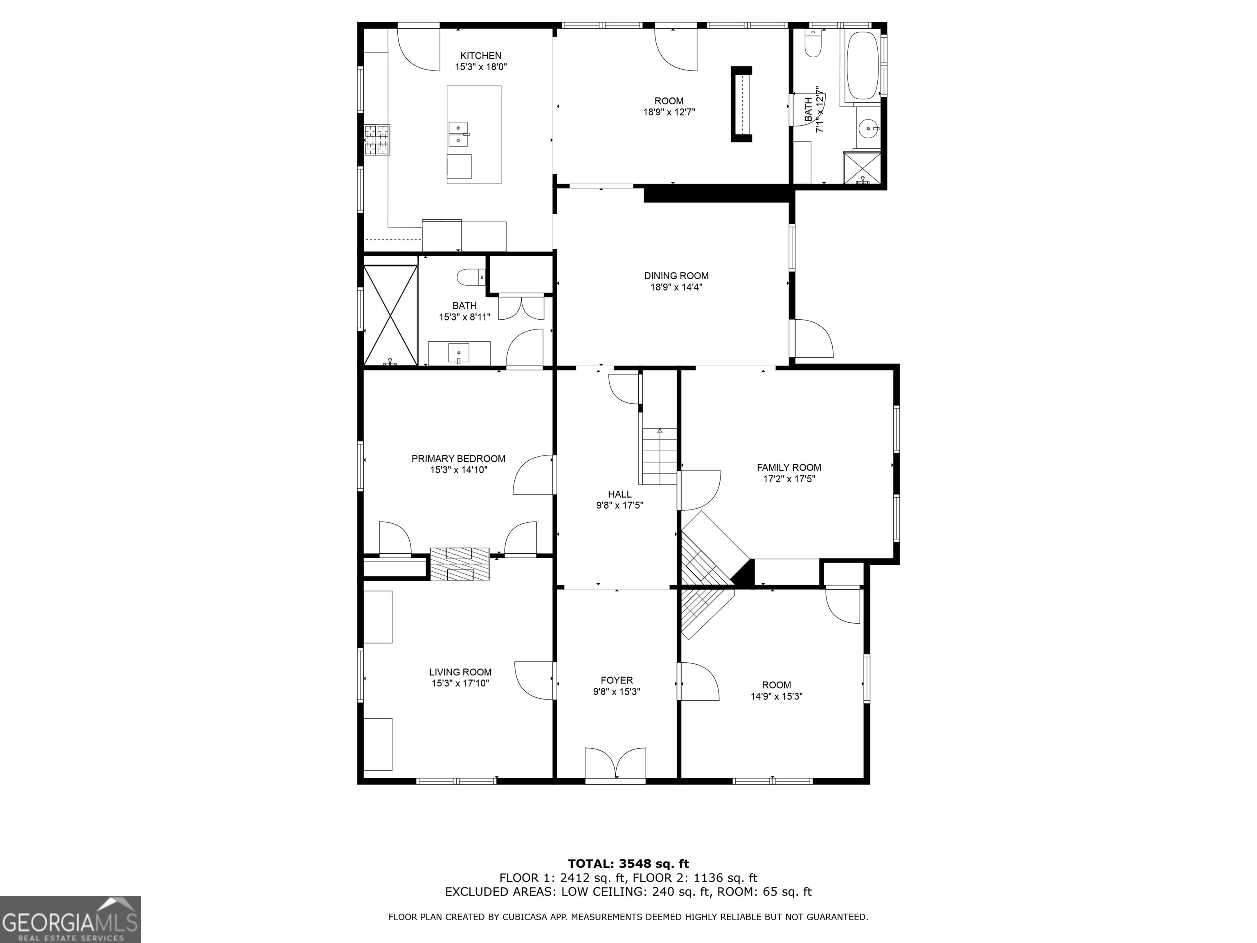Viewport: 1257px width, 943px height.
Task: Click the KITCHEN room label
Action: [480, 56]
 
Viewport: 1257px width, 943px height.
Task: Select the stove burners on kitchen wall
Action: [377, 140]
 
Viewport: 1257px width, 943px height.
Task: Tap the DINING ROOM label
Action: [676, 276]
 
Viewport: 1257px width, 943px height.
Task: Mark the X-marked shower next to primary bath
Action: [390, 314]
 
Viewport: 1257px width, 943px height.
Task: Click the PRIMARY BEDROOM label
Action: [458, 459]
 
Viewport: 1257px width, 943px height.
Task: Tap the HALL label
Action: [619, 494]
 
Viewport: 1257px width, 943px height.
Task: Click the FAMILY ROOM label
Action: [789, 467]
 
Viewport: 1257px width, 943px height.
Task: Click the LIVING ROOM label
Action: [460, 672]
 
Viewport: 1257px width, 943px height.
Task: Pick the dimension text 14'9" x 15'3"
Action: [776, 696]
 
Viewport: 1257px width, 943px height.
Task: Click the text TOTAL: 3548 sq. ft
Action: [628, 864]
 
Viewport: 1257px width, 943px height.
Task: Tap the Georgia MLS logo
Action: [70, 919]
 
